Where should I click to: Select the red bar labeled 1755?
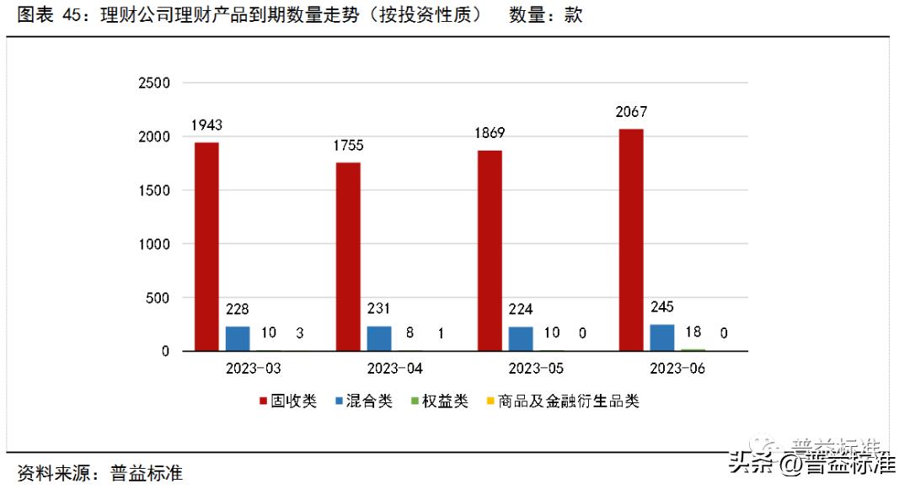tap(348, 256)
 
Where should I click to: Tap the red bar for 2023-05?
tap(490, 250)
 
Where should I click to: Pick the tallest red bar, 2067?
tap(631, 239)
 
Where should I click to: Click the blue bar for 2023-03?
tap(238, 338)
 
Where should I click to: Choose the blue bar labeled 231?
tap(379, 338)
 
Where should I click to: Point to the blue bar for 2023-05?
tap(521, 338)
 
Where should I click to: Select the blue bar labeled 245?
tap(662, 338)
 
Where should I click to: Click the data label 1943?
tap(206, 125)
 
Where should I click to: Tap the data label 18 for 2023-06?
tap(693, 332)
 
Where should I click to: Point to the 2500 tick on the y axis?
tap(154, 83)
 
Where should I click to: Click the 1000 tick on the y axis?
tap(154, 244)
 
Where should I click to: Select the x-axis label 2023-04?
tap(394, 369)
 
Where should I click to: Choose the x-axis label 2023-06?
tap(677, 369)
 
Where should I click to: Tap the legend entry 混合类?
tap(363, 401)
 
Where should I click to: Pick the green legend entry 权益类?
tap(439, 401)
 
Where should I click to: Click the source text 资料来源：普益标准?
tap(99, 473)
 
